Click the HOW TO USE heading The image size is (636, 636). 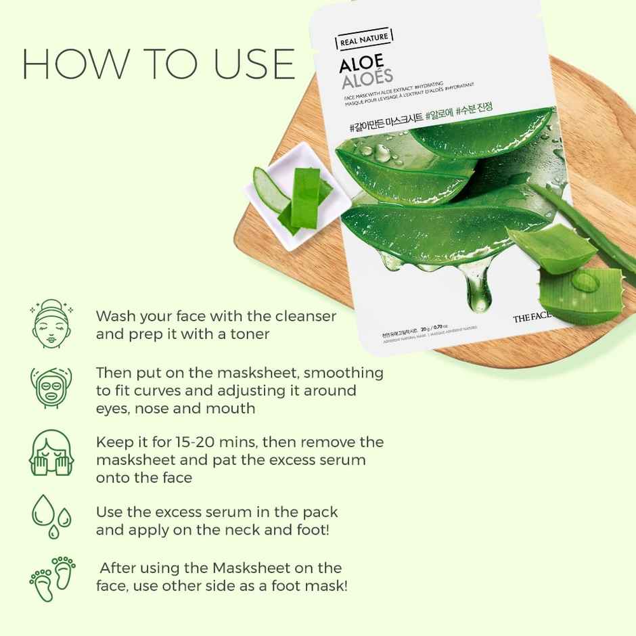[158, 64]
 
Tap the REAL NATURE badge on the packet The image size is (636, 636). [365, 41]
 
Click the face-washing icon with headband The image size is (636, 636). [49, 323]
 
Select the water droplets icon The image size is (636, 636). [48, 517]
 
